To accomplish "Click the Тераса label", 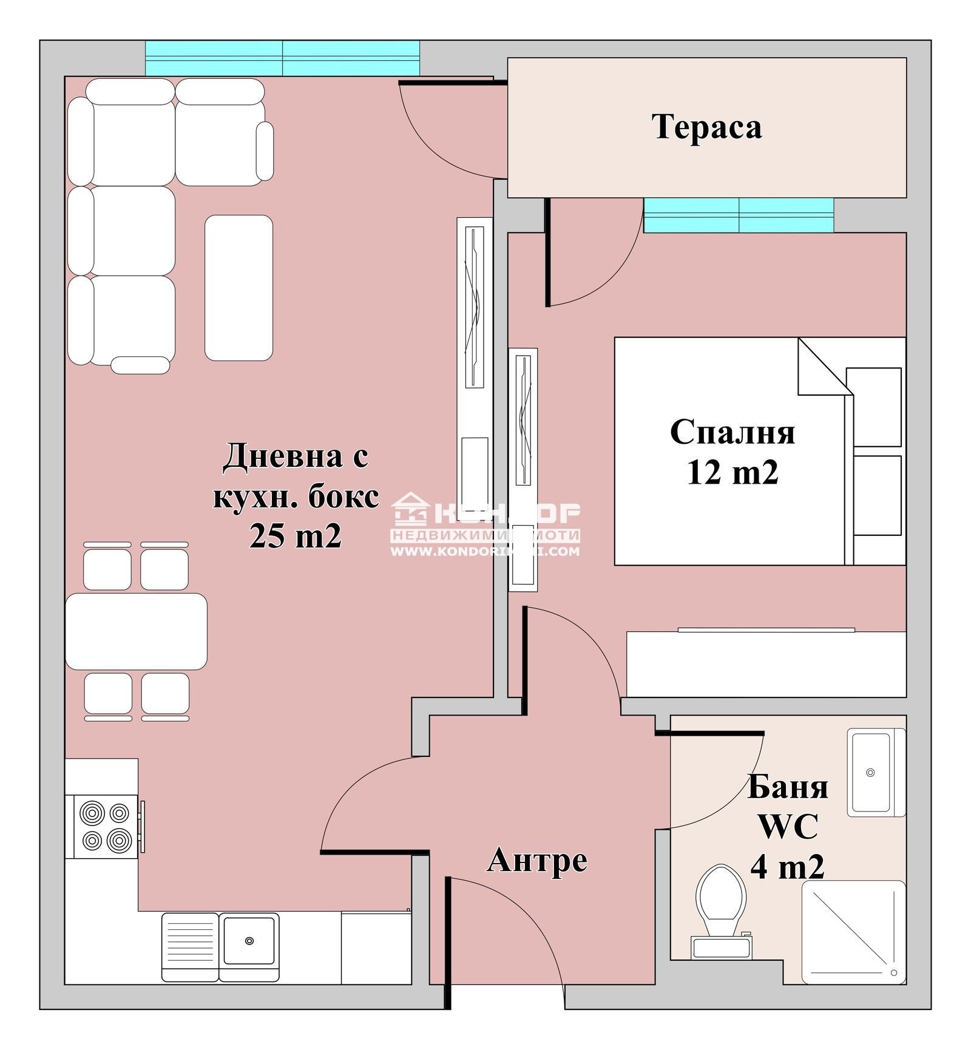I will tap(706, 127).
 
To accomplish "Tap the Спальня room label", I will tap(732, 432).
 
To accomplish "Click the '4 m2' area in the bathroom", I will tap(787, 866).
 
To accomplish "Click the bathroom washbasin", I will tap(871, 772).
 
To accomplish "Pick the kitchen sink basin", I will tap(249, 940).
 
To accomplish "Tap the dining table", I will tap(136, 631).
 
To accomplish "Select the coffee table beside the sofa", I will tap(239, 288).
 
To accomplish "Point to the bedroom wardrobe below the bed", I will tap(766, 664).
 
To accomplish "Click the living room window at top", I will tap(282, 58).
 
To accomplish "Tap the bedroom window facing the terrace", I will tap(739, 215).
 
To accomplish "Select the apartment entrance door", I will tap(504, 935).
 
